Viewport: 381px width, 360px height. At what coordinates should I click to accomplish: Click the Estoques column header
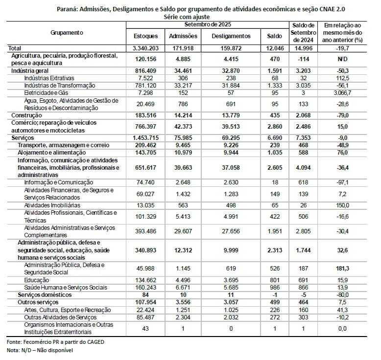[x=146, y=36]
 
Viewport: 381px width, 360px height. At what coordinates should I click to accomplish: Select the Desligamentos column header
[x=231, y=36]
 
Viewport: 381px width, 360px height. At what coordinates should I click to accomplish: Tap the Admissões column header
[x=183, y=36]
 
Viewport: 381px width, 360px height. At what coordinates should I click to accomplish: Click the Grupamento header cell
[x=67, y=32]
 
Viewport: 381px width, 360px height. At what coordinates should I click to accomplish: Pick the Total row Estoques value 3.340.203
[x=146, y=48]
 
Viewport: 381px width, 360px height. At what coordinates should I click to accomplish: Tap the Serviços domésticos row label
[x=45, y=294]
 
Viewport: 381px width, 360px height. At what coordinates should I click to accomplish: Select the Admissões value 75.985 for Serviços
[x=183, y=138]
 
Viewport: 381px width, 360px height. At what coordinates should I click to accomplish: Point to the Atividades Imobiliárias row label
[x=52, y=205]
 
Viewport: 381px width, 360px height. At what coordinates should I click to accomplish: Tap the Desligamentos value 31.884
[x=231, y=85]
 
